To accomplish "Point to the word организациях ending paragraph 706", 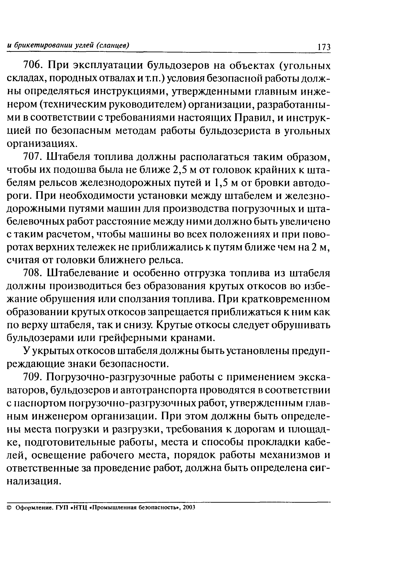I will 41,144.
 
